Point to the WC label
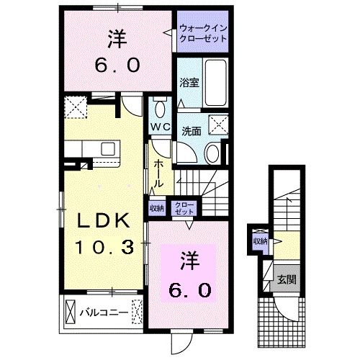pos(160,127)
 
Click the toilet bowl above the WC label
pos(160,109)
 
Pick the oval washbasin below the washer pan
pos(213,153)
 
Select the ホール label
pos(158,174)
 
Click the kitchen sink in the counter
pos(108,148)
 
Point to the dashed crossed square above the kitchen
pos(74,108)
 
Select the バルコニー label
pos(108,314)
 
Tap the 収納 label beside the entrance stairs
pos(258,240)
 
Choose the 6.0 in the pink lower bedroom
pos(190,289)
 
